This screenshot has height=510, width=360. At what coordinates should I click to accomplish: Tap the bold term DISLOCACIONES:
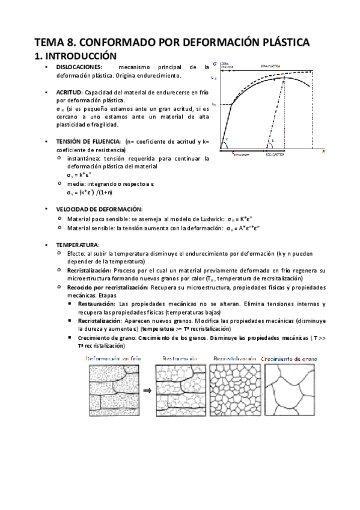coord(79,67)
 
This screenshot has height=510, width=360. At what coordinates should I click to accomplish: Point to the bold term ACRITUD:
coord(70,93)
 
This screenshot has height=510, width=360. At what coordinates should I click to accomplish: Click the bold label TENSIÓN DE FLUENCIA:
coord(88,141)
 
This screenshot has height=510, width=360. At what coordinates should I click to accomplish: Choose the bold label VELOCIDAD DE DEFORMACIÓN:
coord(99,209)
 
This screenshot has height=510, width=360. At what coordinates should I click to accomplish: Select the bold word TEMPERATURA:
coord(78,246)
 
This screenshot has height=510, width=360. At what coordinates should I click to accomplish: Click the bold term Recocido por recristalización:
coord(103,287)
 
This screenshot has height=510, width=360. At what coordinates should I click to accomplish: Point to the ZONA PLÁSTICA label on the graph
coord(273,64)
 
